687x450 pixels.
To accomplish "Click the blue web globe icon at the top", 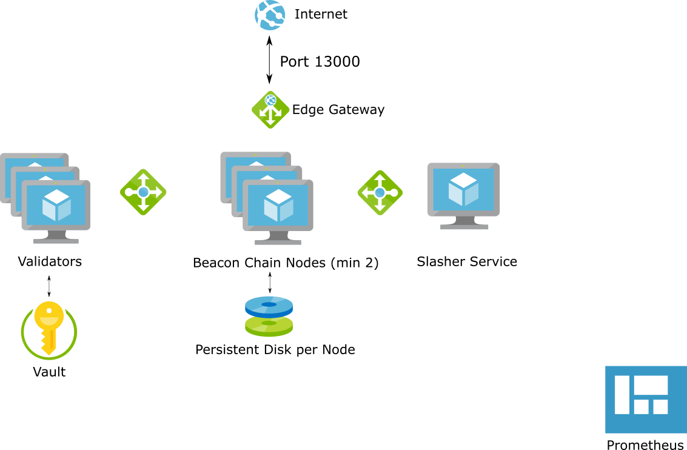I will pyautogui.click(x=270, y=15).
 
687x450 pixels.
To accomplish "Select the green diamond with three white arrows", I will pyautogui.click(x=270, y=110).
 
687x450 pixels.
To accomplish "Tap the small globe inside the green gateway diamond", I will pyautogui.click(x=270, y=101).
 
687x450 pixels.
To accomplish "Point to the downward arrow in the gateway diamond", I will pyautogui.click(x=270, y=119).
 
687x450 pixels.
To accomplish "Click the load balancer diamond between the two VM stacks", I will pyautogui.click(x=143, y=192).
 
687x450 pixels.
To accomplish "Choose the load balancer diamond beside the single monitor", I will pyautogui.click(x=380, y=192).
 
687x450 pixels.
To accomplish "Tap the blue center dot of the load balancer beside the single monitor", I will pyautogui.click(x=380, y=192).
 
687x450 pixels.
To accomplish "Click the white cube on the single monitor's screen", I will pyautogui.click(x=464, y=189).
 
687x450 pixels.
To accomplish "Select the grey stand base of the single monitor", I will pyautogui.click(x=464, y=227).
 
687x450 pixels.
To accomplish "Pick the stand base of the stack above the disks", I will pyautogui.click(x=278, y=242).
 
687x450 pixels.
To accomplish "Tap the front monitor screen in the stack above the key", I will pyautogui.click(x=56, y=204).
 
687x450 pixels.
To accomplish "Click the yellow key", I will pyautogui.click(x=49, y=324).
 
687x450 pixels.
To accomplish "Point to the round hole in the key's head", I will pyautogui.click(x=49, y=311).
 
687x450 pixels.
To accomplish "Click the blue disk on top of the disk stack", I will pyautogui.click(x=269, y=305).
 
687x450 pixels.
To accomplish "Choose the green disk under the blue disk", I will pyautogui.click(x=269, y=327).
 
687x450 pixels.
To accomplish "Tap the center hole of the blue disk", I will pyautogui.click(x=269, y=304).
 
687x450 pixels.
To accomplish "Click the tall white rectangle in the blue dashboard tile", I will pyautogui.click(x=622, y=395).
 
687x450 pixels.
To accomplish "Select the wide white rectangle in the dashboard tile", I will pyautogui.click(x=651, y=385).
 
